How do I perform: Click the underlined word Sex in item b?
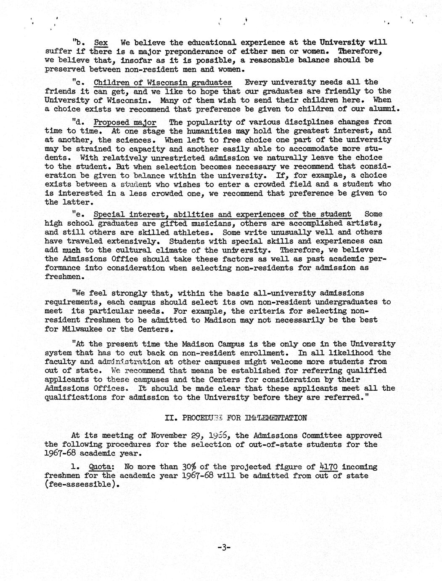click(x=101, y=43)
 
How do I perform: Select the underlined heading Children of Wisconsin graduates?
click(x=162, y=82)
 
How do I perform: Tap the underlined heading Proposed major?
click(x=125, y=122)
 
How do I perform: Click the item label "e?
click(x=80, y=214)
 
